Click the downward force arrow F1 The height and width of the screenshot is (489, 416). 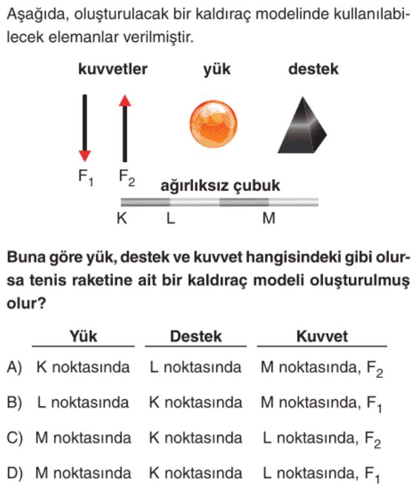(85, 128)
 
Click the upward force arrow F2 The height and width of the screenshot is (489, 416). (125, 128)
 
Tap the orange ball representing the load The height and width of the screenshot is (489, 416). (213, 124)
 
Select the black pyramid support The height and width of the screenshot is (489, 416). (302, 125)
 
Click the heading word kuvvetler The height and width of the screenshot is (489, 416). (112, 69)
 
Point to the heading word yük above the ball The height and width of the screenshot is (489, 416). (217, 70)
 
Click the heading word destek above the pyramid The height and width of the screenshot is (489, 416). (313, 69)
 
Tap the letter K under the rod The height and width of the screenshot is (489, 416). (121, 218)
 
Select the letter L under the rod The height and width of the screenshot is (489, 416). (171, 218)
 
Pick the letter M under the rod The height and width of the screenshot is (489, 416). (269, 218)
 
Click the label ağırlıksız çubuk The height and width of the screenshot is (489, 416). (220, 186)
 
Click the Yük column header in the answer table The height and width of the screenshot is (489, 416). (83, 336)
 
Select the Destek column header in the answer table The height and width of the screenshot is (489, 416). (196, 336)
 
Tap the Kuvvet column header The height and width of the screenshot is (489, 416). (322, 336)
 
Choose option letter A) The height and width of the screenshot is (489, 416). (14, 368)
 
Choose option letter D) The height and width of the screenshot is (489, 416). (14, 473)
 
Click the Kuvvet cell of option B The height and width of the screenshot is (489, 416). (321, 403)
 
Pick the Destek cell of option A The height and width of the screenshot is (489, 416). (196, 367)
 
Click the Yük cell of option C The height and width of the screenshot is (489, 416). (83, 438)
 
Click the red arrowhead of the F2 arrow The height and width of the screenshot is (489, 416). (125, 100)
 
